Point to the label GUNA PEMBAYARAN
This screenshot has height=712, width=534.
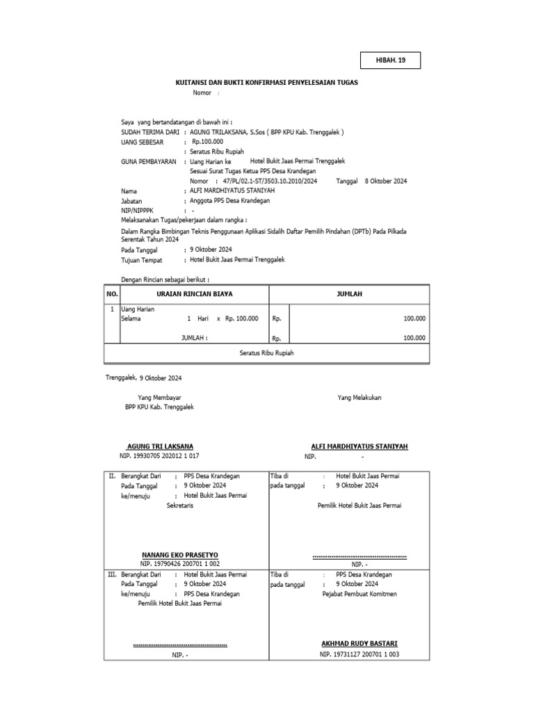click(148, 161)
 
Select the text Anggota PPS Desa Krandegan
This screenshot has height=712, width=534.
click(229, 200)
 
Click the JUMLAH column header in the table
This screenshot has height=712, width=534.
click(350, 294)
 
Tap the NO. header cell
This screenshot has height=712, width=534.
click(112, 294)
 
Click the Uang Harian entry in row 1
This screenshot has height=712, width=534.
click(139, 309)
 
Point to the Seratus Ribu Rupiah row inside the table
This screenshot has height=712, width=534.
click(267, 353)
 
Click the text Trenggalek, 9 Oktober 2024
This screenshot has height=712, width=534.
click(143, 378)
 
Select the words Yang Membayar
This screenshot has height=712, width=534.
click(154, 397)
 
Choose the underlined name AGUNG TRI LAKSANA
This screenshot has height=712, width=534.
click(160, 446)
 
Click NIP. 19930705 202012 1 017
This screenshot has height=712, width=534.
click(159, 456)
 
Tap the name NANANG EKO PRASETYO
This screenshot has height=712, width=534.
click(180, 555)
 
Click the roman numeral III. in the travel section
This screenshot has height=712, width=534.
click(112, 575)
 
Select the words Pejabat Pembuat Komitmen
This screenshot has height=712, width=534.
click(359, 594)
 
